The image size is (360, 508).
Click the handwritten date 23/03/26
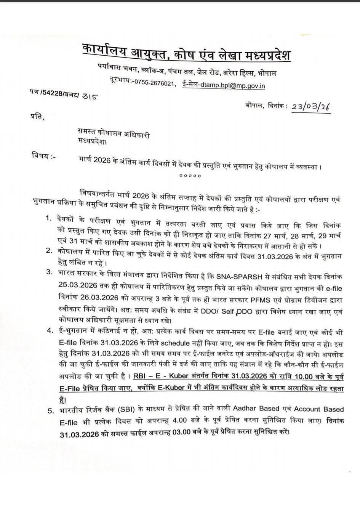point(310,108)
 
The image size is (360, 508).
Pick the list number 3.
point(48,272)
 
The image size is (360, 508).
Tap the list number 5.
point(50,411)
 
